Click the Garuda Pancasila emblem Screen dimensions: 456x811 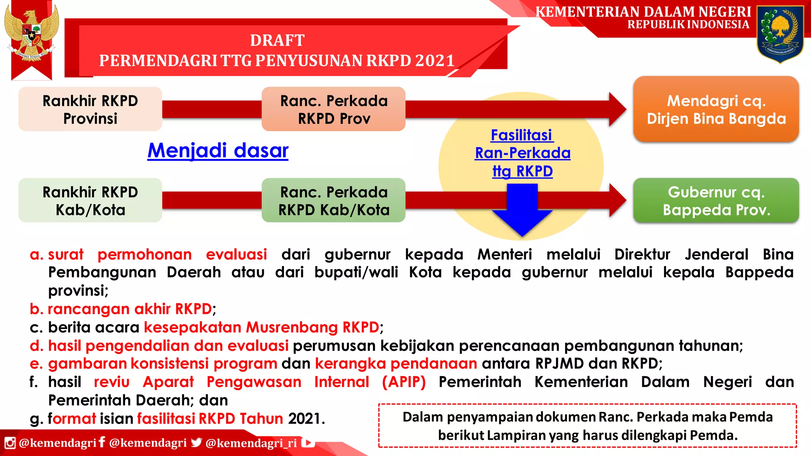coord(32,34)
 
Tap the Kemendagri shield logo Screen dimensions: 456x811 coord(780,34)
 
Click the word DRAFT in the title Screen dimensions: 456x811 coord(277,40)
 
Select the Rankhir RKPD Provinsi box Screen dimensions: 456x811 coord(90,109)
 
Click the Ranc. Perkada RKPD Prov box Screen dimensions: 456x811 coord(333,109)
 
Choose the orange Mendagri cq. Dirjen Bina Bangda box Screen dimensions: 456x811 coord(716,109)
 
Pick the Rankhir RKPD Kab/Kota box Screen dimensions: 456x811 coord(90,200)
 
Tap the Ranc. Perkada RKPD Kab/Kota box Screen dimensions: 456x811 coord(333,200)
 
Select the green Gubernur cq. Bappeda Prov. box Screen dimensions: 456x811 coord(716,200)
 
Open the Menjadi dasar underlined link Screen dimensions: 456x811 coord(218,151)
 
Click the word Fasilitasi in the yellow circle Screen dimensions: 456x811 coord(522,135)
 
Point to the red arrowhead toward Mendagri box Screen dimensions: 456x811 coord(617,109)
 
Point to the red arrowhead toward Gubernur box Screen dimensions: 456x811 coord(617,200)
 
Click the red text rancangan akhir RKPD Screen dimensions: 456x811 coord(129,309)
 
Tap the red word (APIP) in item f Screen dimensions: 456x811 coord(404,382)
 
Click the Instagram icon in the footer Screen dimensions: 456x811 coord(10,443)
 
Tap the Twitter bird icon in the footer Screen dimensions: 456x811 coord(196,443)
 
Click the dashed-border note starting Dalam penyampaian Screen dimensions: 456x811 coord(588,426)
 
